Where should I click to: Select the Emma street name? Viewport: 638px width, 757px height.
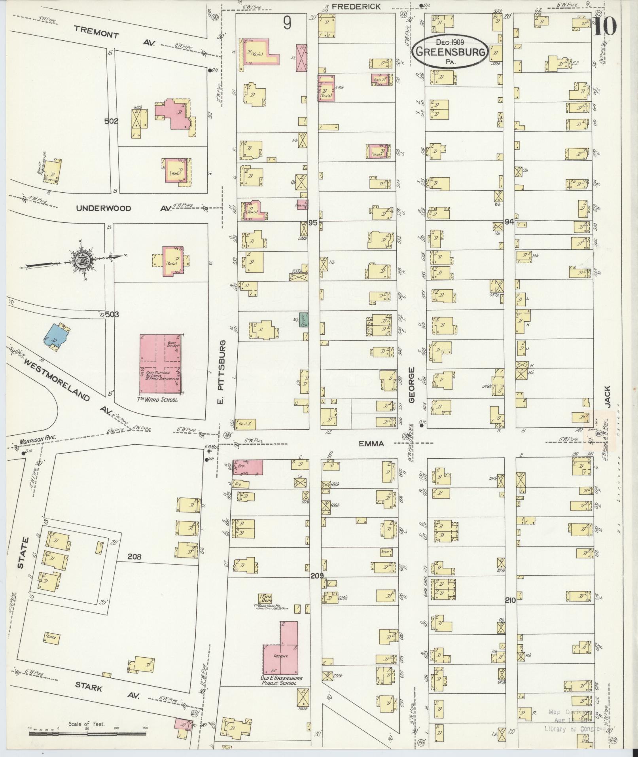pos(371,444)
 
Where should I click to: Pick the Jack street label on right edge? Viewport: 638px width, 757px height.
pos(607,396)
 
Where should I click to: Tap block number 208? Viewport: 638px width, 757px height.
pos(134,557)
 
